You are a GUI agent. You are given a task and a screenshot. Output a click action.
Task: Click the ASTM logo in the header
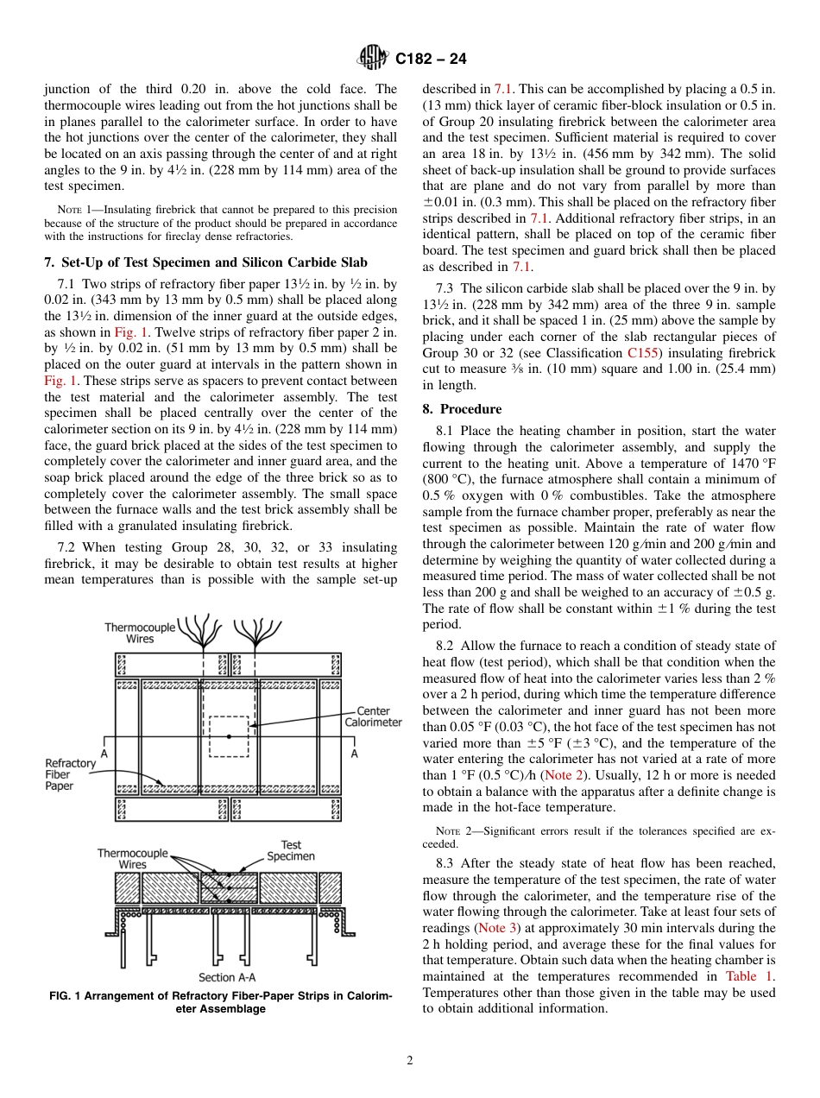[x=373, y=59]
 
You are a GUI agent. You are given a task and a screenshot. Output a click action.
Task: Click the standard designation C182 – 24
[x=431, y=59]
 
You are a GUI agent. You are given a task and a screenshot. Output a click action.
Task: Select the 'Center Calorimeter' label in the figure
[x=373, y=716]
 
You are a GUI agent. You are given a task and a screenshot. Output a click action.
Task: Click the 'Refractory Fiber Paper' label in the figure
[x=70, y=774]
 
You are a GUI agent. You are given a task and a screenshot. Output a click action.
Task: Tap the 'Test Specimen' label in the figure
[x=291, y=850]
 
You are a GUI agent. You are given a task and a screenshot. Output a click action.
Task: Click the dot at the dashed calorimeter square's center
[x=229, y=736]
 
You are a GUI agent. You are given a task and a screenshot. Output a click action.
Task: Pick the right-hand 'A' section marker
[x=353, y=753]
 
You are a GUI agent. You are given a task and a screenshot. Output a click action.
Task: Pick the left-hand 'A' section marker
[x=104, y=753]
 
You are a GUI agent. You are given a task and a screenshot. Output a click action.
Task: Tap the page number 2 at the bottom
[x=410, y=1061]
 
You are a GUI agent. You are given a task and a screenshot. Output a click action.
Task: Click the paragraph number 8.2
[x=470, y=646]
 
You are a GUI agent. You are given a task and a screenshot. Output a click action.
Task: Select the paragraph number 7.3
[x=470, y=288]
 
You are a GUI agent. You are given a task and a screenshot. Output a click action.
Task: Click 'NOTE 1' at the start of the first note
[x=69, y=210]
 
